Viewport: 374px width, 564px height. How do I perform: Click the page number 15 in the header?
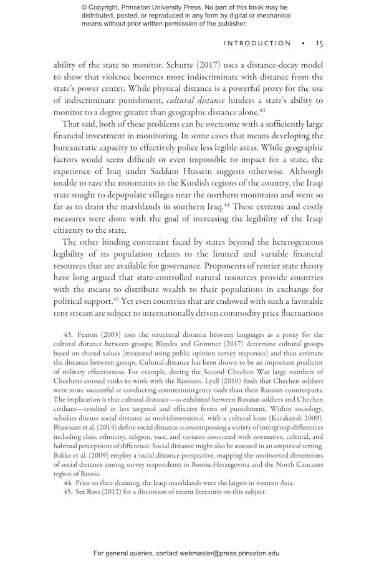point(319,44)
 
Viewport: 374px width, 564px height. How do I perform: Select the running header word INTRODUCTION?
point(257,44)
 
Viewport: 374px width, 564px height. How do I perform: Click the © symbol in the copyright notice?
point(85,7)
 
